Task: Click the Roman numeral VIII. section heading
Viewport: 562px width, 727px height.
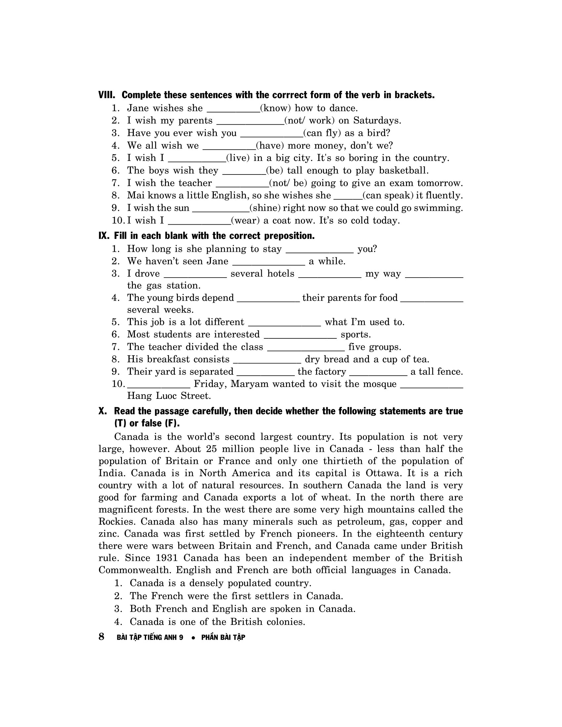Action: [106, 95]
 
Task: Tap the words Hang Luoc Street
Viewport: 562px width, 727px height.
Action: [169, 396]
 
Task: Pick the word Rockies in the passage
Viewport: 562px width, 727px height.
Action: [115, 521]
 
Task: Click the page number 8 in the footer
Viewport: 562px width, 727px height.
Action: [101, 637]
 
